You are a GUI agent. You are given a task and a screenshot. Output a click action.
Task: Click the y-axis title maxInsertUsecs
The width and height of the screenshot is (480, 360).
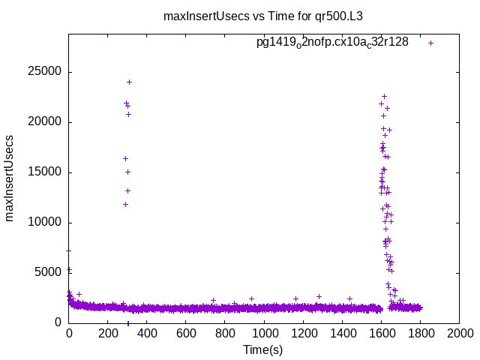pos(10,178)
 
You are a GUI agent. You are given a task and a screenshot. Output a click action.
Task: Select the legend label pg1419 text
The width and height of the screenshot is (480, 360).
pos(332,43)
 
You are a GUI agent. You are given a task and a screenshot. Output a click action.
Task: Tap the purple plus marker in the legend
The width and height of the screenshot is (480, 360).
pos(430,43)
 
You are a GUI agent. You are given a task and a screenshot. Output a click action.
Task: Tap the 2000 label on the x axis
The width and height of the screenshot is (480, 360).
pos(459,332)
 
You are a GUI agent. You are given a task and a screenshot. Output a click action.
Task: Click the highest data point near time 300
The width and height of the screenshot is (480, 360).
pos(129,82)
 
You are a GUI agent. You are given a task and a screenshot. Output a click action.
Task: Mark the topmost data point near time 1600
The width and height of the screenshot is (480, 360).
pos(384,96)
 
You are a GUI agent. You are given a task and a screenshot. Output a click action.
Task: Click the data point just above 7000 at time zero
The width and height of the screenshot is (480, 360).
pos(68,250)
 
